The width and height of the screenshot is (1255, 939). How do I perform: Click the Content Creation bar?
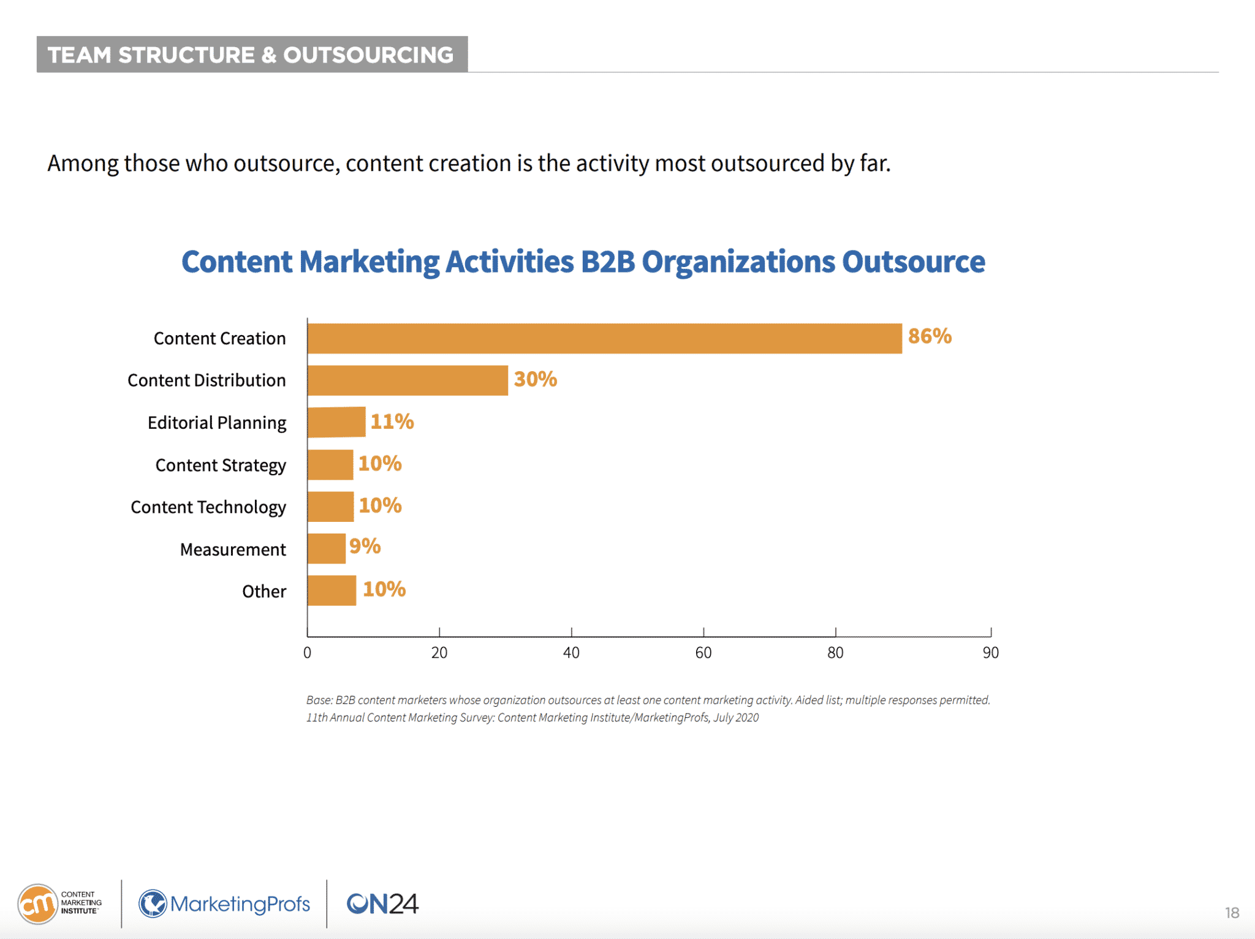(604, 339)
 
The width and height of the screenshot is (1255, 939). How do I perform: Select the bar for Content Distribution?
(408, 380)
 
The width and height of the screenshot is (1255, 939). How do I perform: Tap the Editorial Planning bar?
(336, 422)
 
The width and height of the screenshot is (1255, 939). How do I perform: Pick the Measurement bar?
(327, 548)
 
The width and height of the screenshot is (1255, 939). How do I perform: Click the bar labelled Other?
(332, 590)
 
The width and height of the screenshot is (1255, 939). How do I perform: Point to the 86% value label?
(930, 336)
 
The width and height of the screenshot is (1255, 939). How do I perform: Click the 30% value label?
(535, 379)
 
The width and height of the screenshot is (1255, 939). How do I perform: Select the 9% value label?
(365, 546)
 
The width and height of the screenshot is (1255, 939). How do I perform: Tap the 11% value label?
(392, 421)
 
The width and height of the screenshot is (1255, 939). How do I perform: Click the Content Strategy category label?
(221, 466)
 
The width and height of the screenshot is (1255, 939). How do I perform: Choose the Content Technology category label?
(208, 507)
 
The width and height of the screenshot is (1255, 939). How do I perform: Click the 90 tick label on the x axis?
(990, 653)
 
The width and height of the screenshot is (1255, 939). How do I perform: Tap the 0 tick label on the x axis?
(307, 653)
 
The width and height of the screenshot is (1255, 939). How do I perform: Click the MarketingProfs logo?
(224, 903)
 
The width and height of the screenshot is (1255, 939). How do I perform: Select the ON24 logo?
(382, 903)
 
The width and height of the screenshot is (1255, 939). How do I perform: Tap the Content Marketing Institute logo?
(60, 903)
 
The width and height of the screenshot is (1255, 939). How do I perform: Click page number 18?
(1232, 913)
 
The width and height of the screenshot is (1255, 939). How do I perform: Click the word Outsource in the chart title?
(913, 262)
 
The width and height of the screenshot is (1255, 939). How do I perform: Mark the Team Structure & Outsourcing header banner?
(252, 55)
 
